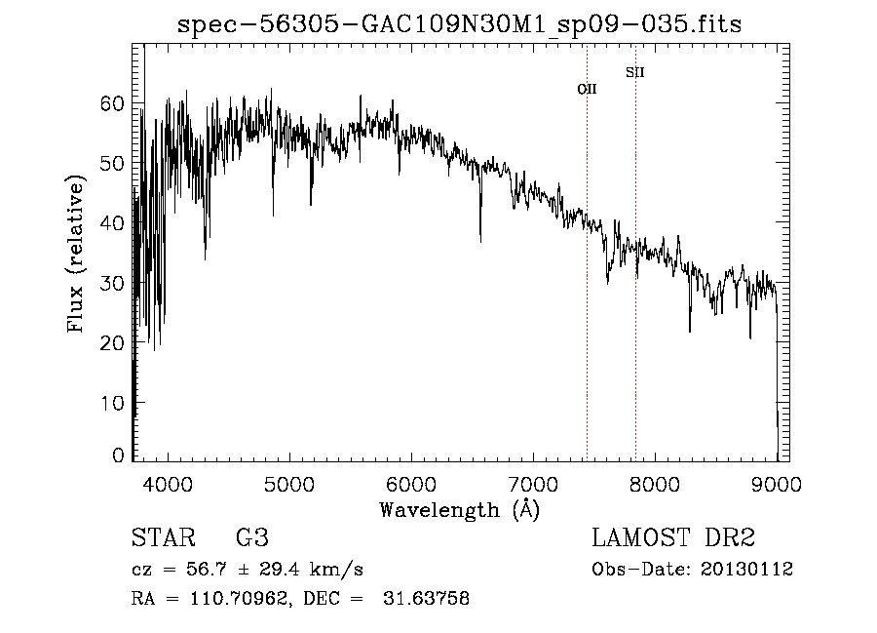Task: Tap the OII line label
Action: click(x=587, y=89)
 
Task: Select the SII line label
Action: click(x=634, y=72)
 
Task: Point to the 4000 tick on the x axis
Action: click(x=169, y=485)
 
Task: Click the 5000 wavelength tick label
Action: click(x=290, y=485)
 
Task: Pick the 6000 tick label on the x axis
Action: click(x=412, y=485)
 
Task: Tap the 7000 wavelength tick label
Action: click(x=533, y=485)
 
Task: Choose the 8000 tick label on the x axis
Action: click(x=655, y=485)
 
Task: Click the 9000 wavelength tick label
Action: click(x=777, y=485)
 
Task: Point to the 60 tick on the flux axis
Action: click(x=114, y=103)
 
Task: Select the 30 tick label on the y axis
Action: click(x=114, y=283)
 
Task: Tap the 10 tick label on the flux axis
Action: click(x=114, y=402)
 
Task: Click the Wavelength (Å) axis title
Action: click(x=459, y=509)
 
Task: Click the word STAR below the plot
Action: click(x=163, y=538)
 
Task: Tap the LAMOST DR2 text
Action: click(x=673, y=538)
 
